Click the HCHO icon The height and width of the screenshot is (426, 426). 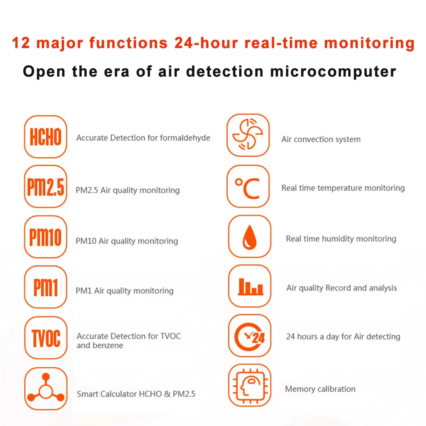46,137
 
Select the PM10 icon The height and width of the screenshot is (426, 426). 46,237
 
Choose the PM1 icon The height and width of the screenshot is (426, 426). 46,287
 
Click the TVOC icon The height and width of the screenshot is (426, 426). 46,338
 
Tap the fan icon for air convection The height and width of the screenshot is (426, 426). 248,135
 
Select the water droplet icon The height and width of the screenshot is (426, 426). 249,237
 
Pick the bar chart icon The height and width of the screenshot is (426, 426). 249,286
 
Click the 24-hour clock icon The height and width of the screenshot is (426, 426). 249,336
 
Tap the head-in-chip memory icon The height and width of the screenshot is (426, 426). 249,386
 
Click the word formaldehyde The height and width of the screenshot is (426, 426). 185,138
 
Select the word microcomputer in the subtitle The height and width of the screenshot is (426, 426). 333,71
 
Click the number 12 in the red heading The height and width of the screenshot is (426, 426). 21,43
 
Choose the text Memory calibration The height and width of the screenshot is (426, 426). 320,389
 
